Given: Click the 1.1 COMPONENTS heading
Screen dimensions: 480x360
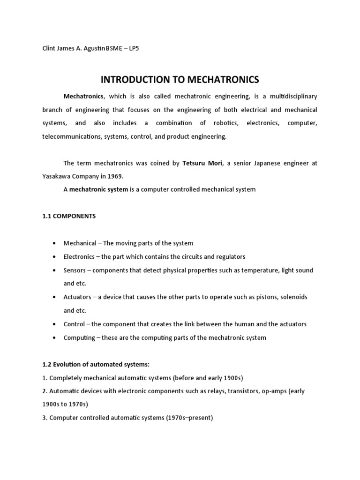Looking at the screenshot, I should click(69, 216).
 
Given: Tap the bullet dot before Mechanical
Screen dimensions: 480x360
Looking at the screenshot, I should click(54, 243).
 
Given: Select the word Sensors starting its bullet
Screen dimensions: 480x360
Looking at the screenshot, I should click(75, 270).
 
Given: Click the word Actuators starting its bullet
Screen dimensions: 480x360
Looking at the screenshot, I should click(77, 297).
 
